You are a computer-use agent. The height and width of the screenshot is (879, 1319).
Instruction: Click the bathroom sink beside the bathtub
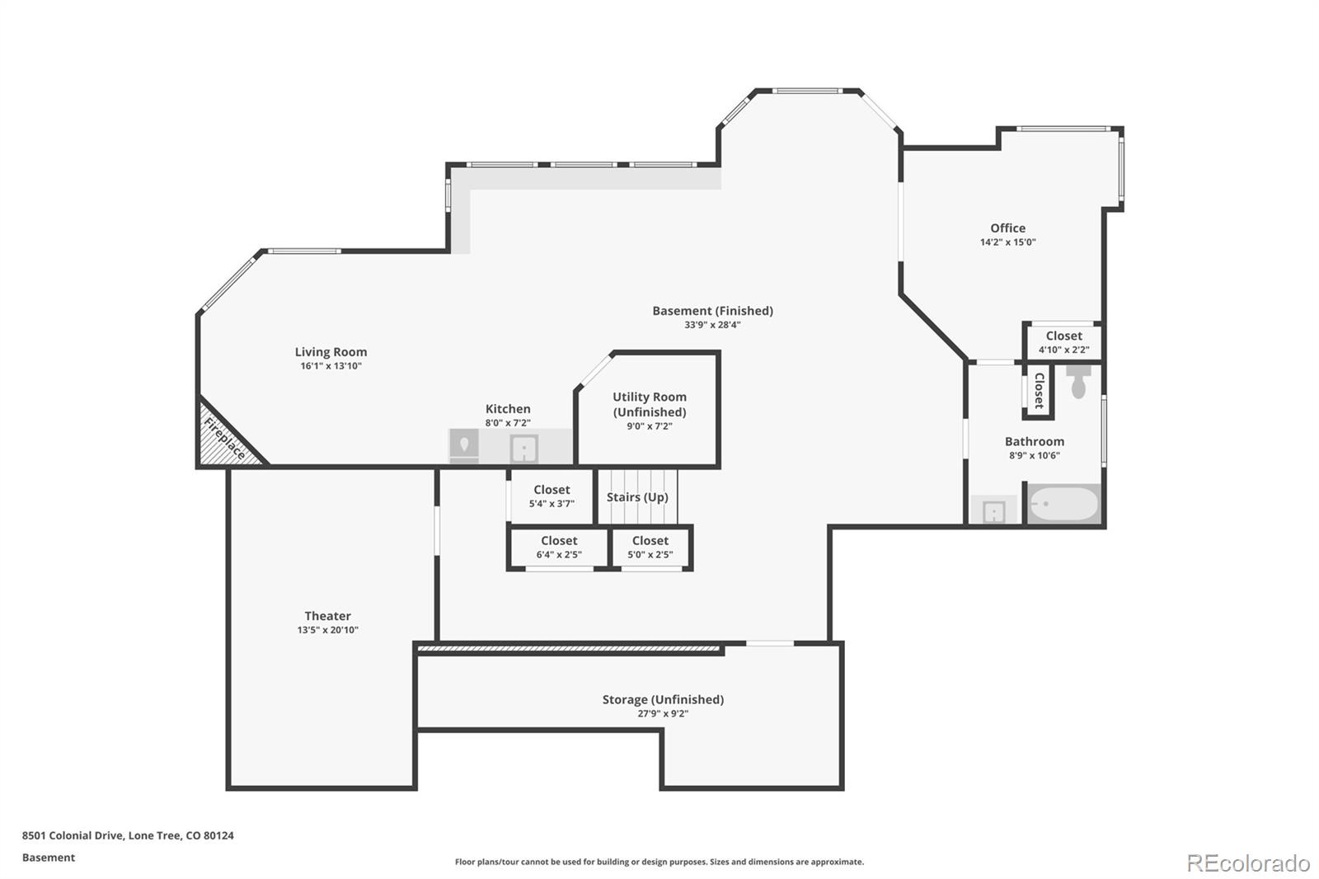pos(994,512)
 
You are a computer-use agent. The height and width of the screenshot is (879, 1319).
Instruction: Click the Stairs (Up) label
pos(637,497)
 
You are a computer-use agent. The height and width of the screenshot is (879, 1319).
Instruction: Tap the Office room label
pos(1007,228)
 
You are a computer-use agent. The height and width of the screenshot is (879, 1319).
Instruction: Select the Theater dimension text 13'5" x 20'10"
pos(327,630)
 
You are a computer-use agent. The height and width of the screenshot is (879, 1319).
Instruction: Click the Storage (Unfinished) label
pos(663,699)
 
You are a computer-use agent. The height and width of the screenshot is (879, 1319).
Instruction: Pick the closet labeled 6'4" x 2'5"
pos(559,548)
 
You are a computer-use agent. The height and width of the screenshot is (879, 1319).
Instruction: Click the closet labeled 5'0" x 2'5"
pos(650,548)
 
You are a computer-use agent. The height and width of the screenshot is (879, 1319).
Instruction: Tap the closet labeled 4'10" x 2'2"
pos(1063,342)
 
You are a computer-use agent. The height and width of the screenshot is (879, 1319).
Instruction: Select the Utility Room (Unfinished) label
pos(649,404)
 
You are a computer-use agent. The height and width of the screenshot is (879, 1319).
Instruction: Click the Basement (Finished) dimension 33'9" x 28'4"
pos(712,325)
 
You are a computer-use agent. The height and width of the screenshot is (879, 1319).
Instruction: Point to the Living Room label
pos(331,352)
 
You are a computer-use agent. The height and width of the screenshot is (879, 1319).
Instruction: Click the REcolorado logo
pos(1248,863)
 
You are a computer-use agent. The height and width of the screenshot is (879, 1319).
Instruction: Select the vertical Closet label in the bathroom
pos(1039,391)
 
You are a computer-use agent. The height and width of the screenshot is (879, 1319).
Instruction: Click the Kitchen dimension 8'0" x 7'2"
pos(507,423)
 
